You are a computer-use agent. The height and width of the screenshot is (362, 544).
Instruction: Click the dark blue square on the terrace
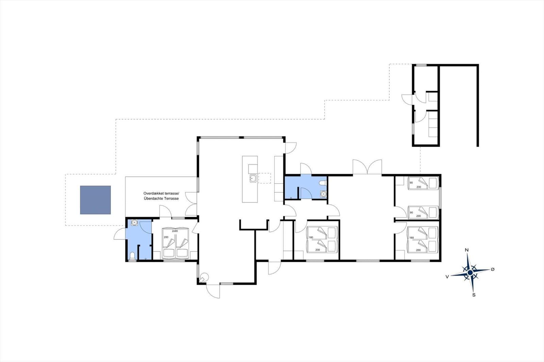tap(96, 200)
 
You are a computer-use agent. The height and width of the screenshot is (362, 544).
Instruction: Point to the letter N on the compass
tap(467, 250)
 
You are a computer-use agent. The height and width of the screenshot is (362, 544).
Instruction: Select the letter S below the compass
tap(474, 295)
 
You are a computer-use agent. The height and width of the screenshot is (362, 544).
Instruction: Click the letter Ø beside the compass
tap(492, 269)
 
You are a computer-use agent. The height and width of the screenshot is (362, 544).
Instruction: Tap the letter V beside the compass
tap(447, 277)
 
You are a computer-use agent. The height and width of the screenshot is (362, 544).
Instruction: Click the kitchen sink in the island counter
tap(253, 178)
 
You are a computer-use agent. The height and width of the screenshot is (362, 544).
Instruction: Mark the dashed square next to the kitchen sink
tap(265, 178)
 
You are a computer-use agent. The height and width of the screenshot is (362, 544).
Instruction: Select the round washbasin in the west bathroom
tap(134, 223)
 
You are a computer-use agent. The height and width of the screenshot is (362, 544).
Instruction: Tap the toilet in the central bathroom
tap(323, 183)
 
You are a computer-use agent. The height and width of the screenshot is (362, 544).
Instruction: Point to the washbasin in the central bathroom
tap(323, 194)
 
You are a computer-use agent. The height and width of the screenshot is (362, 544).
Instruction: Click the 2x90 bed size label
tap(175, 231)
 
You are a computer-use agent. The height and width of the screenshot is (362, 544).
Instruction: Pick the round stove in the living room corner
tap(203, 278)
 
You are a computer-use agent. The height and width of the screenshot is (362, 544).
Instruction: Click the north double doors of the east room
tap(367, 167)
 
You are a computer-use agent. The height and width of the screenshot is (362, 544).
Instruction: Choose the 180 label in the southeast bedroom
tap(411, 238)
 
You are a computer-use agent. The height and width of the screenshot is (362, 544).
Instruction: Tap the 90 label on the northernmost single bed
tap(411, 183)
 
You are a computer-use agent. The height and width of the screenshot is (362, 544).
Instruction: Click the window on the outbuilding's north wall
tap(422, 65)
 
